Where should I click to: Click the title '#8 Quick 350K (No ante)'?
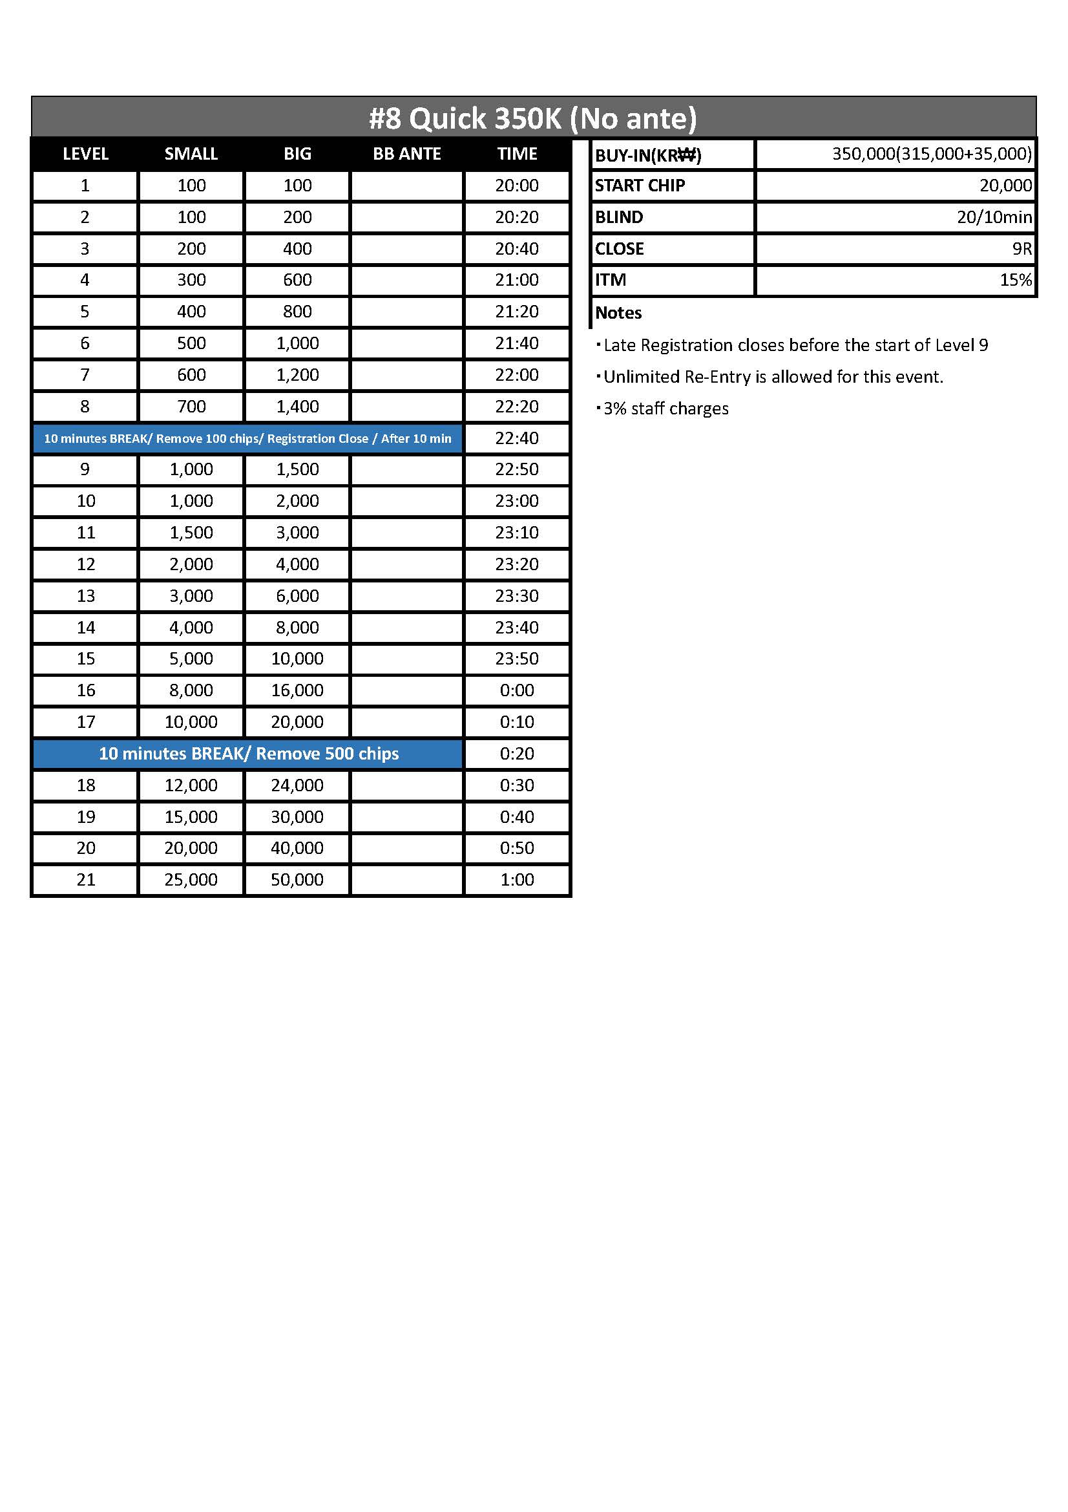pyautogui.click(x=532, y=118)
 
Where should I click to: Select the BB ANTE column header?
pyautogui.click(x=406, y=154)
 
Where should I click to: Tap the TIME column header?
pyautogui.click(x=517, y=154)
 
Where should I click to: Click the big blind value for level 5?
pyautogui.click(x=297, y=312)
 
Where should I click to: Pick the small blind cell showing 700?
pyautogui.click(x=191, y=407)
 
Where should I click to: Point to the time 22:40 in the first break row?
pyautogui.click(x=517, y=438)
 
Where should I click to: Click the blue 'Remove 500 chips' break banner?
pyautogui.click(x=248, y=753)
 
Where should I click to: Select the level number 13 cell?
pyautogui.click(x=85, y=596)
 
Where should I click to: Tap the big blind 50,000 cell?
pyautogui.click(x=297, y=880)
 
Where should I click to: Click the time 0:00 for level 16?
pyautogui.click(x=517, y=690)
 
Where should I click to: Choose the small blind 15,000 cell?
pyautogui.click(x=191, y=816)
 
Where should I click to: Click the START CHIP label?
pyautogui.click(x=640, y=186)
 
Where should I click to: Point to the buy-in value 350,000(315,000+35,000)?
pyautogui.click(x=931, y=154)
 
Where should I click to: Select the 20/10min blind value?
pyautogui.click(x=994, y=217)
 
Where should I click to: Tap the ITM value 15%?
pyautogui.click(x=1016, y=281)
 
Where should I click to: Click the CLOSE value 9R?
pyautogui.click(x=1021, y=249)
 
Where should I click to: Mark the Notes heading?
pyautogui.click(x=618, y=313)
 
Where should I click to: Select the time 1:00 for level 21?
pyautogui.click(x=517, y=880)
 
